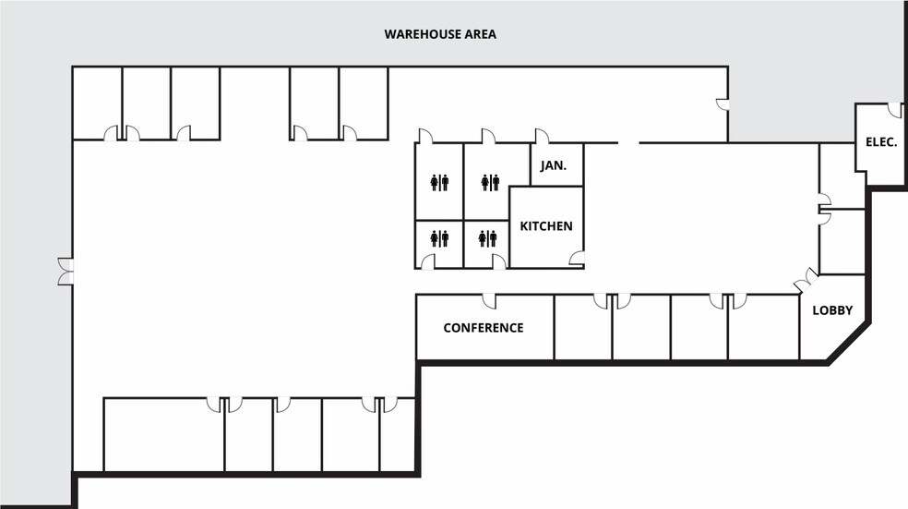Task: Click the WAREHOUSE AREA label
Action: tap(440, 34)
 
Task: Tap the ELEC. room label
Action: tap(881, 142)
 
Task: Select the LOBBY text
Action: tap(832, 310)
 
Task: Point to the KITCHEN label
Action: tap(546, 226)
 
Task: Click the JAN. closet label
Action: tap(554, 165)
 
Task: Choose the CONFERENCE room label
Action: tap(484, 328)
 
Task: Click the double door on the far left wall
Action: tap(66, 272)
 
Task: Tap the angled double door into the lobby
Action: tap(806, 281)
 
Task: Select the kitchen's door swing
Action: tap(577, 259)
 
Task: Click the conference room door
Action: tap(490, 301)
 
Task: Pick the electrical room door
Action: tap(895, 110)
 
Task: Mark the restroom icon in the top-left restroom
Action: tap(439, 183)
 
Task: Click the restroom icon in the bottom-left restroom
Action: tap(439, 238)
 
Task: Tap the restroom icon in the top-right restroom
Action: tap(490, 183)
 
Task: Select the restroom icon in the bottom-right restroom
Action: tap(487, 238)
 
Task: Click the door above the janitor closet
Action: tap(542, 136)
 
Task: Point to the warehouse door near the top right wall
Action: tap(723, 104)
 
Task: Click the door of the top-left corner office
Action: tap(111, 133)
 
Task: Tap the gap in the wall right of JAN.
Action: tap(628, 142)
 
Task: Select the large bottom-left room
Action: tap(164, 435)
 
